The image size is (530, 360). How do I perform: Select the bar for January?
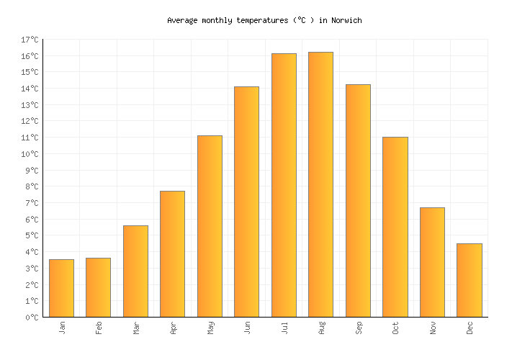click(61, 288)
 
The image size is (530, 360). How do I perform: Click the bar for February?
click(98, 287)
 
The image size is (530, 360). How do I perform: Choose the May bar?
click(210, 226)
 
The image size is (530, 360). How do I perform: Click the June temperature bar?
click(246, 202)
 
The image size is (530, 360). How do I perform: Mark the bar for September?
click(358, 201)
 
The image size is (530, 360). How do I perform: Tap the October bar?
click(395, 227)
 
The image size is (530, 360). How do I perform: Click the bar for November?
click(432, 262)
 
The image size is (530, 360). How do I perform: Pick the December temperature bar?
click(469, 280)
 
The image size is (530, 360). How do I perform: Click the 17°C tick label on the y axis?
click(30, 40)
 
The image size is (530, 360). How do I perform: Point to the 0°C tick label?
click(32, 317)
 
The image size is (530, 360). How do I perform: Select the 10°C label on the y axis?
click(30, 154)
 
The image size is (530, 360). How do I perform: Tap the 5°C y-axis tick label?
click(32, 235)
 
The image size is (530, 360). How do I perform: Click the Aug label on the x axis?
click(321, 328)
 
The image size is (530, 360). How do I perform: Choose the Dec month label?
click(470, 328)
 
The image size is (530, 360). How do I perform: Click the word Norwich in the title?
click(346, 20)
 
